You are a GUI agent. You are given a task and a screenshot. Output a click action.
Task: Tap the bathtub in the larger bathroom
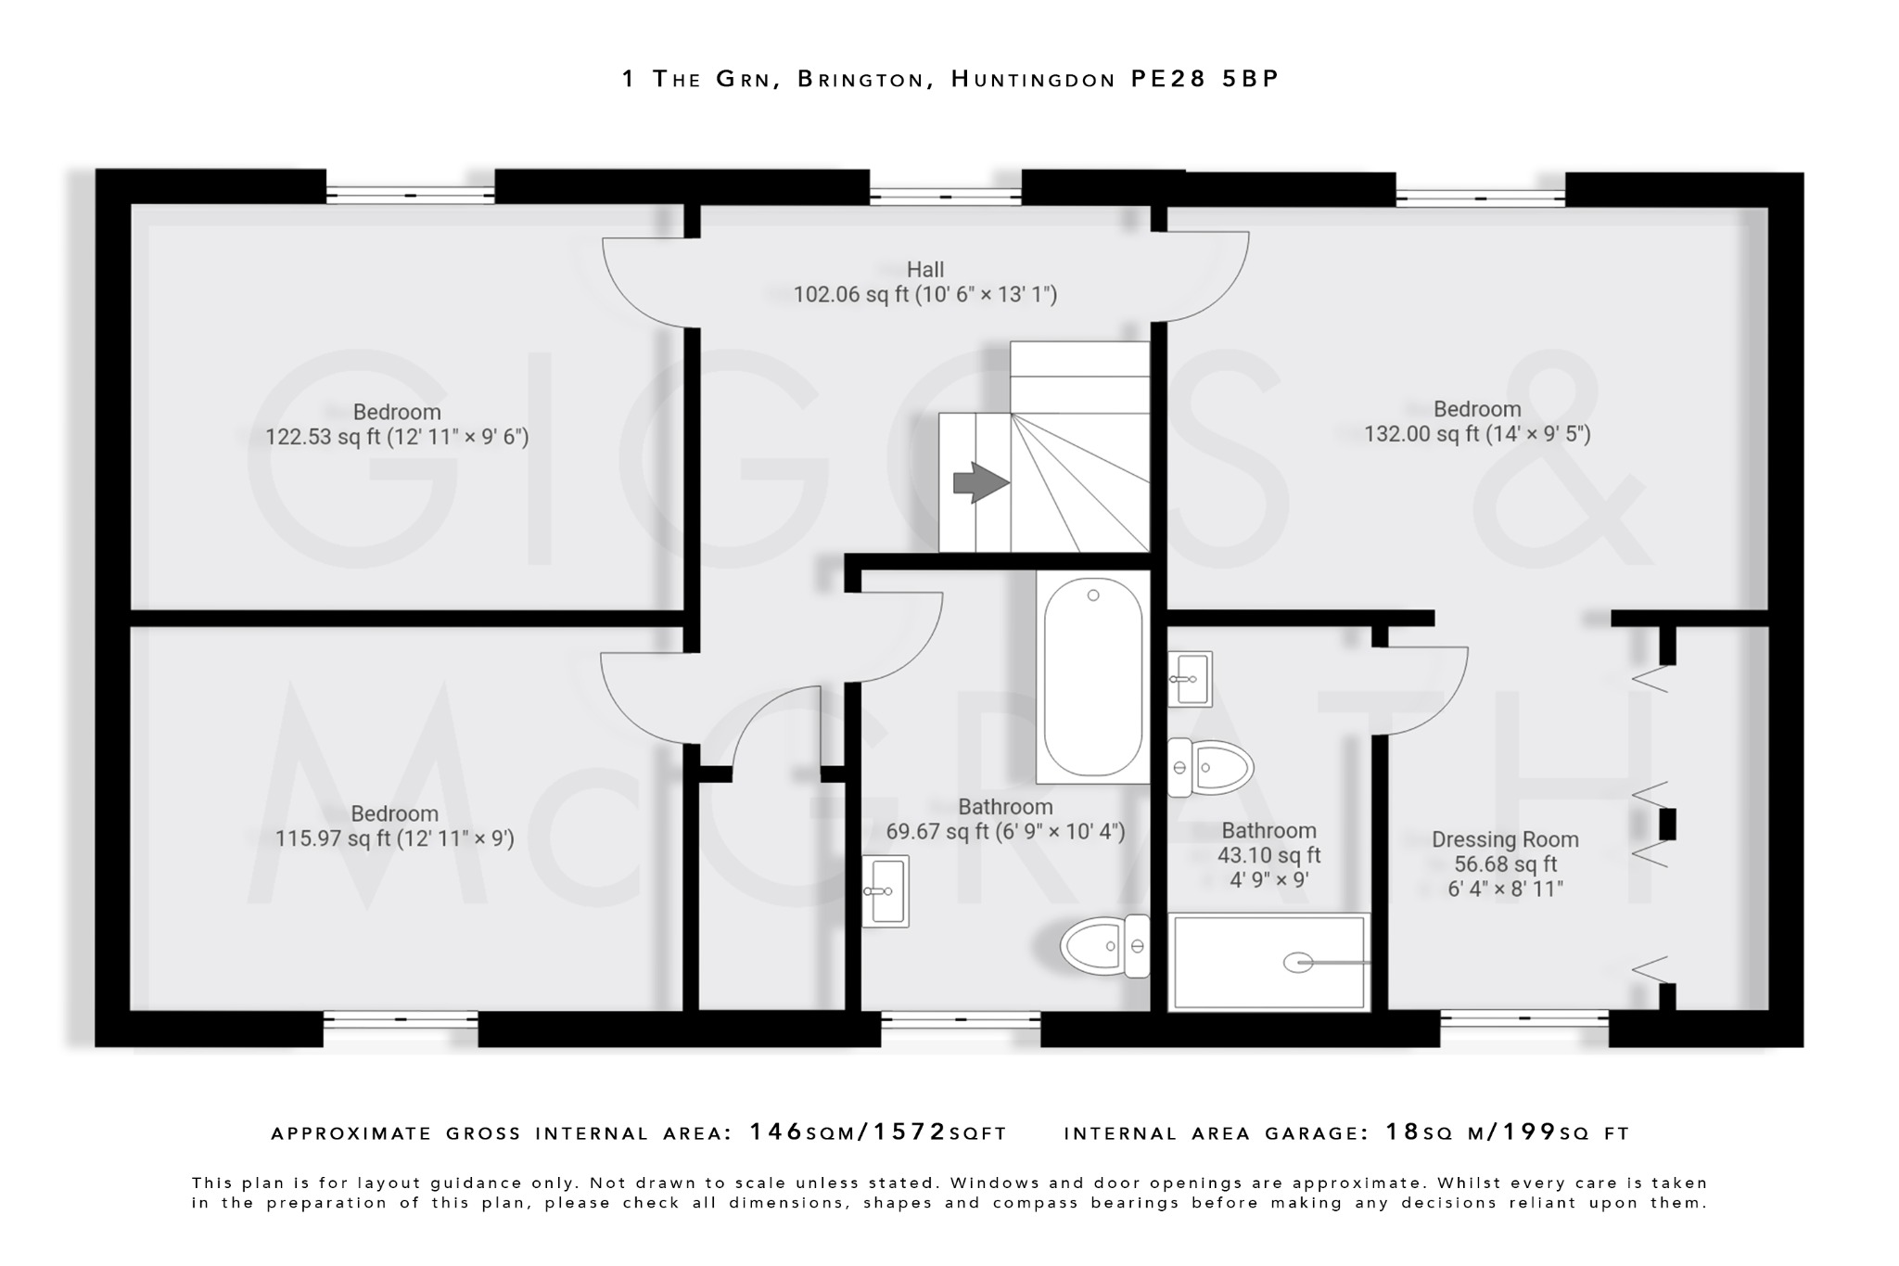[x=1093, y=677]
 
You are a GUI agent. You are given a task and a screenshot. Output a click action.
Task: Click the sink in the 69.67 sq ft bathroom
[x=886, y=891]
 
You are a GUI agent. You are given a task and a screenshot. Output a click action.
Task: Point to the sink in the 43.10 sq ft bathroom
[x=1190, y=679]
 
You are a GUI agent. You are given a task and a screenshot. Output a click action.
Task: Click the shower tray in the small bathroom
[x=1269, y=962]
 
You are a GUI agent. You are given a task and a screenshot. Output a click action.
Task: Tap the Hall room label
[x=925, y=270]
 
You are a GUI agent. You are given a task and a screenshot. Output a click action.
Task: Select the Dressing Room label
[x=1505, y=839]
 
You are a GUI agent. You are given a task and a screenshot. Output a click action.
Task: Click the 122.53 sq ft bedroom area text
[x=397, y=437]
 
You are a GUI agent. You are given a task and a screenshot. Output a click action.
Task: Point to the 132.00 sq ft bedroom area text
[x=1477, y=434]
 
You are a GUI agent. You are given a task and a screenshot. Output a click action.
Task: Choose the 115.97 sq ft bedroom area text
[x=395, y=838]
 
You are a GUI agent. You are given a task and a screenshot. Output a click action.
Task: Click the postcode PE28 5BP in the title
[x=1204, y=79]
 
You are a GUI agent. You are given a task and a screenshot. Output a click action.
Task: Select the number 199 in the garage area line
[x=1529, y=1132]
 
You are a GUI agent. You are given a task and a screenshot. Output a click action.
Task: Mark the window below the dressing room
[x=1524, y=1020]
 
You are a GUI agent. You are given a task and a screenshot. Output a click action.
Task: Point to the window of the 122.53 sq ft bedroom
[x=410, y=195]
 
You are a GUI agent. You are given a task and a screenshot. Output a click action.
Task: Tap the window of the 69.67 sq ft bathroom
[x=961, y=1020]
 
